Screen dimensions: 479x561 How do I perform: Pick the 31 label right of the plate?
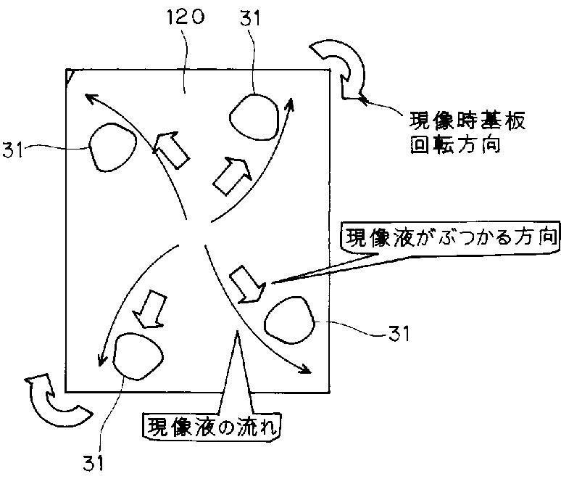click(x=398, y=334)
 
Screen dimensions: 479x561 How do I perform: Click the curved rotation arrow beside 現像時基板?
click(x=339, y=69)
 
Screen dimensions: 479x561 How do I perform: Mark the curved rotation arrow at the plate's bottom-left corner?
click(x=54, y=399)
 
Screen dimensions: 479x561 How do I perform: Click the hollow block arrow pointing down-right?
click(x=246, y=284)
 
